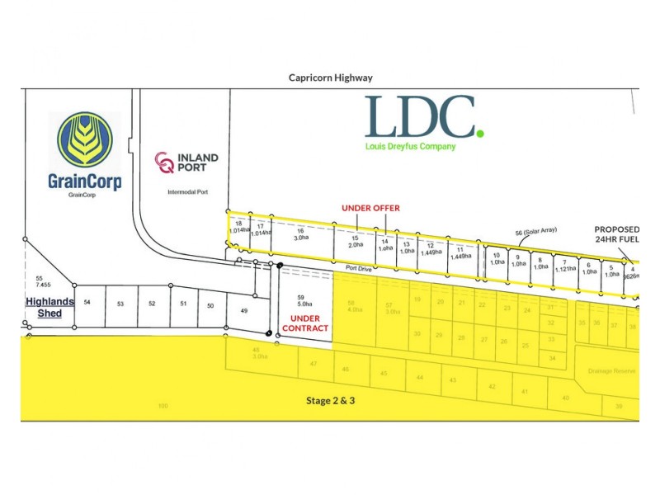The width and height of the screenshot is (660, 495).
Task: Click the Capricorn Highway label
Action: [330, 78]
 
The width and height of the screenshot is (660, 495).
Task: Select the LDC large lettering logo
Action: [422, 117]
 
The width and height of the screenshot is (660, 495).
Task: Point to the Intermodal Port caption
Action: [186, 191]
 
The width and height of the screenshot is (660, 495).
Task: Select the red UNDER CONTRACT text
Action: [305, 323]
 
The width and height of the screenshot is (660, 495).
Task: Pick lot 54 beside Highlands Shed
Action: [87, 304]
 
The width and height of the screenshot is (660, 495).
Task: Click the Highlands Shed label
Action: [49, 307]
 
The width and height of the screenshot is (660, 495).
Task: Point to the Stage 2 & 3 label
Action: [330, 401]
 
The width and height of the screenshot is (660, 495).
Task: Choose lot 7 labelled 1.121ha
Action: [564, 266]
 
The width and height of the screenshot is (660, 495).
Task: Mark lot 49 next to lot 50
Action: [243, 311]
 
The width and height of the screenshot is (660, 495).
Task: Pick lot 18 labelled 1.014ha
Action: [238, 229]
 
